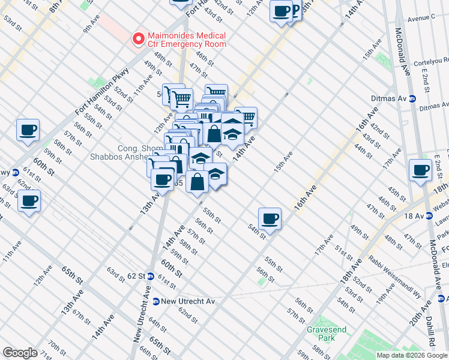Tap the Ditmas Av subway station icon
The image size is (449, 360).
pos(412,99)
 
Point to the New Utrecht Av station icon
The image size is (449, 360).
pos(156,301)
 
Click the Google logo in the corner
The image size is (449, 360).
pos(20,352)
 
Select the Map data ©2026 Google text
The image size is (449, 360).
pos(412,355)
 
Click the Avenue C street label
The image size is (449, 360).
pos(421,19)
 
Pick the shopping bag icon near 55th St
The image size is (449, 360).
pos(197,181)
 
